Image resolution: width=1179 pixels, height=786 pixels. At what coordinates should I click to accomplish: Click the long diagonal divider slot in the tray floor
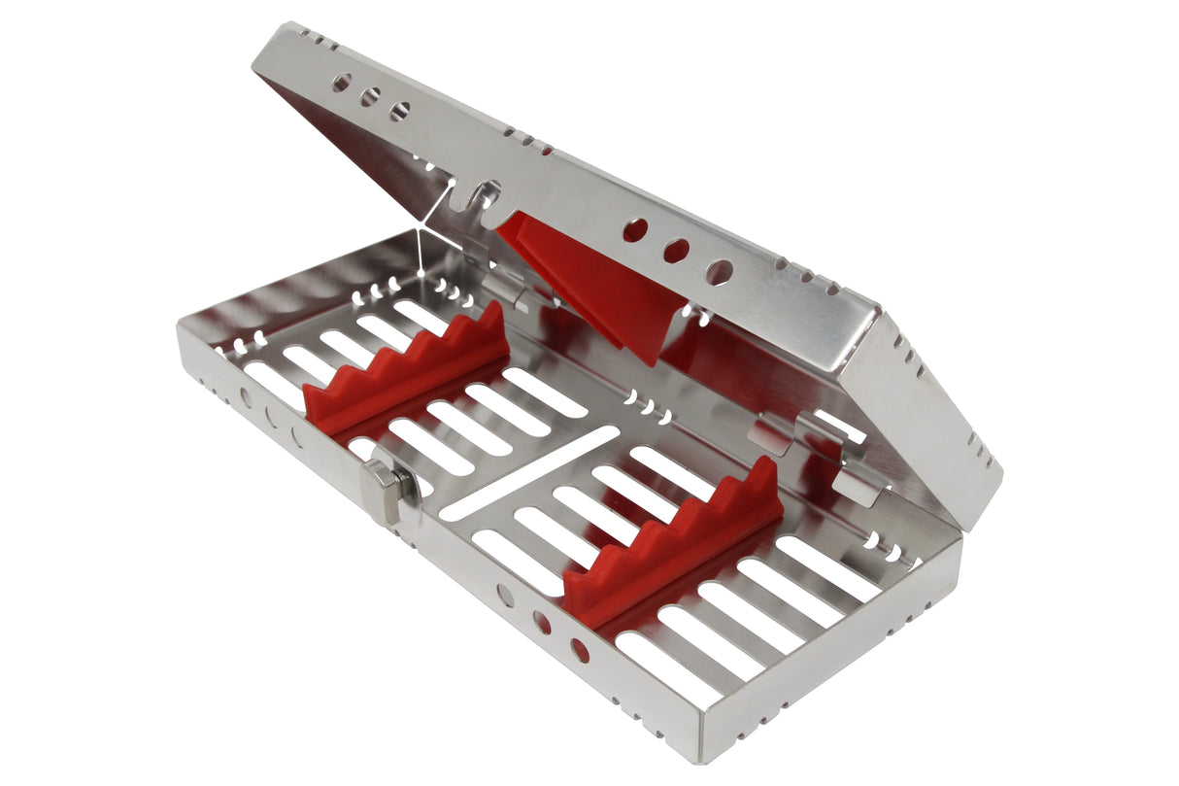coord(529,473)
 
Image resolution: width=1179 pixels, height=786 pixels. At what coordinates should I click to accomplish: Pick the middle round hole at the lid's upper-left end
coord(370,97)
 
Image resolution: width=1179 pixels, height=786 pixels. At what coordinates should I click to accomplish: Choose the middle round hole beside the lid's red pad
coord(677,252)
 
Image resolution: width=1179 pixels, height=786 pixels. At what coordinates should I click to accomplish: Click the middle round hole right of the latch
coord(542,624)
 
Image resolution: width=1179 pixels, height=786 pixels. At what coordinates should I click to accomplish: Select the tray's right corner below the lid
coord(957,544)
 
